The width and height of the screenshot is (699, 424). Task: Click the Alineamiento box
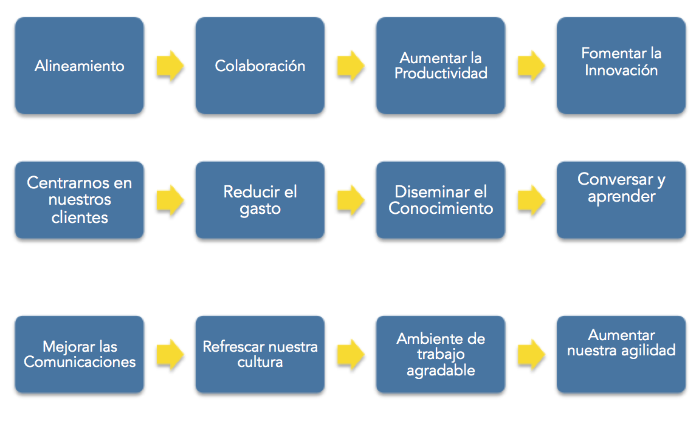(x=80, y=66)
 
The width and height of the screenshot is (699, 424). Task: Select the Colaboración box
(x=260, y=66)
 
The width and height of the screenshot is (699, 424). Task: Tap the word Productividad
(x=441, y=74)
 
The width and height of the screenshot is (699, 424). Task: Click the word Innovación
(x=621, y=70)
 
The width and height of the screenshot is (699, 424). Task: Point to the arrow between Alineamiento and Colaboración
(x=170, y=66)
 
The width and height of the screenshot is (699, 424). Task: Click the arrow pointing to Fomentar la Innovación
(x=531, y=66)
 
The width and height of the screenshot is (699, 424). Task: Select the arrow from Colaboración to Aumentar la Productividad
(x=351, y=66)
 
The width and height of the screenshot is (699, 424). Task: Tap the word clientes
(x=80, y=217)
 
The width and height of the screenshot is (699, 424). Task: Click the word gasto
(x=260, y=210)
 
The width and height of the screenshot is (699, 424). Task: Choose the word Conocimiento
(x=441, y=208)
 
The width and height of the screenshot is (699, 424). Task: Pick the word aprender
(x=621, y=197)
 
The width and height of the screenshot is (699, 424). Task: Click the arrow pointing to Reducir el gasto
(x=170, y=200)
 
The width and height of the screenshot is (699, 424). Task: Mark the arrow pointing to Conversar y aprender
(x=531, y=200)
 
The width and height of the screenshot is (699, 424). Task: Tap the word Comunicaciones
(x=80, y=361)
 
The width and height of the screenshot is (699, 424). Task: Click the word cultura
(x=260, y=361)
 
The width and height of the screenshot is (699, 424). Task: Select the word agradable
(x=441, y=371)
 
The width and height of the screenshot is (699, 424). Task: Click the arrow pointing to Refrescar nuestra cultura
(x=170, y=355)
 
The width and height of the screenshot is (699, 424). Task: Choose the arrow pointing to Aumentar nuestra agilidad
(x=531, y=355)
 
